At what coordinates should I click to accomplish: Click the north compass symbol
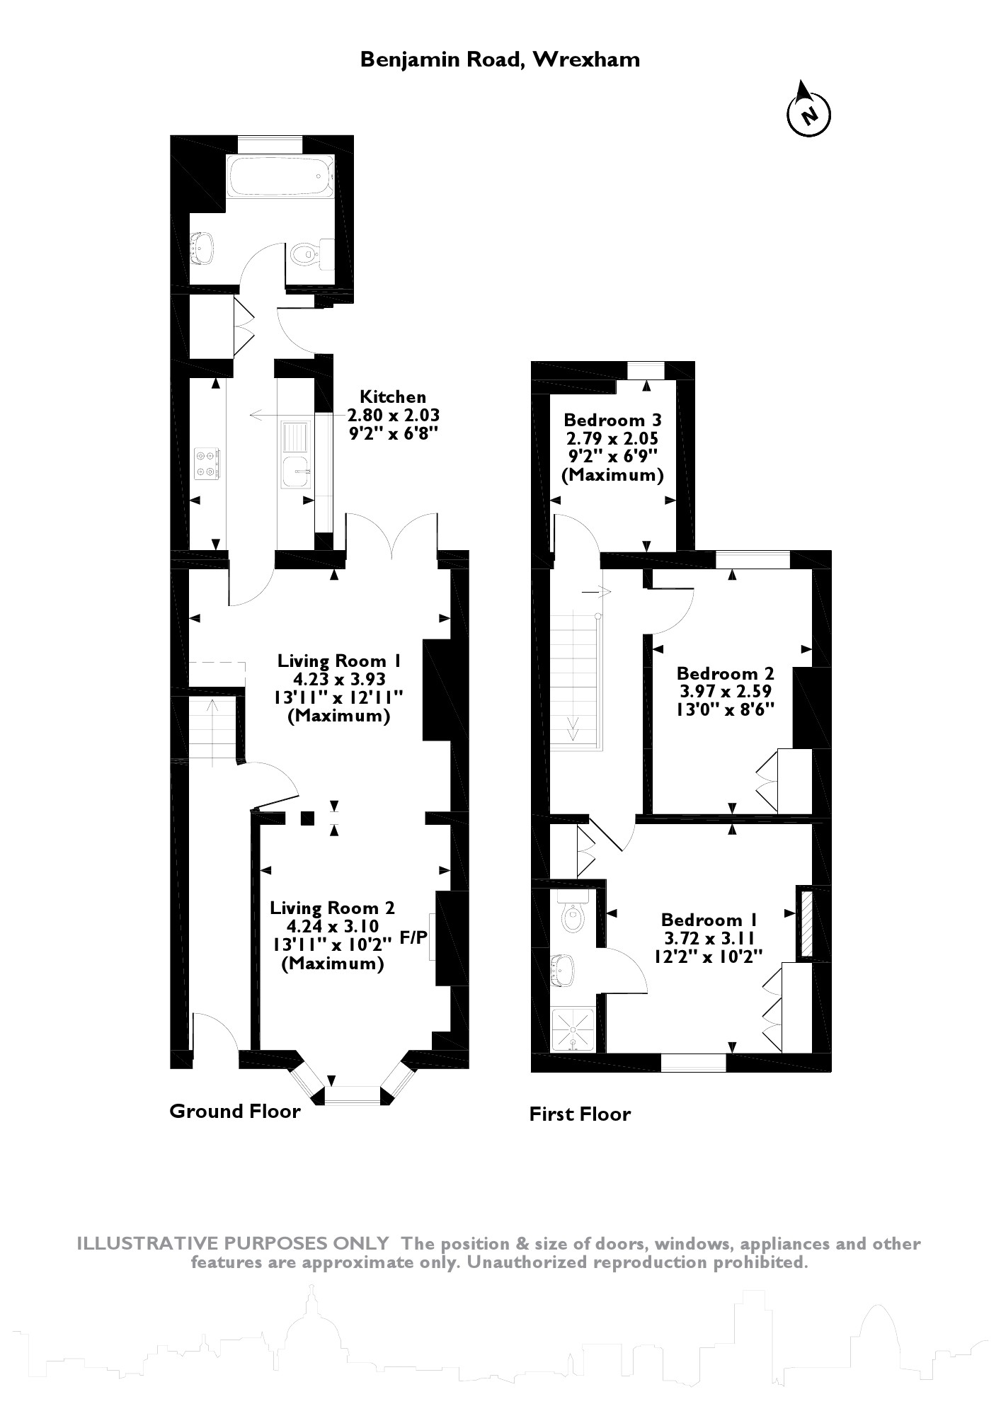click(x=809, y=112)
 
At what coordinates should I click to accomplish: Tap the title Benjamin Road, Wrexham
click(x=500, y=59)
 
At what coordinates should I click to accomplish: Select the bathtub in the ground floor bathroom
click(x=280, y=176)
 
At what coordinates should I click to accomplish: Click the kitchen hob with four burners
click(x=208, y=462)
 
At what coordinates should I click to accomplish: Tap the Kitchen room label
click(x=393, y=396)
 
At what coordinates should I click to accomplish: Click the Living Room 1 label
click(x=339, y=661)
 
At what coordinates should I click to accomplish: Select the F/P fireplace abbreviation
click(x=413, y=937)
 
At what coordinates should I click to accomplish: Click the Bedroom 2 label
click(x=725, y=673)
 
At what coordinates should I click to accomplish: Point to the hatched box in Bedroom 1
click(x=806, y=923)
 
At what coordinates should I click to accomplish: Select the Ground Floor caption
click(x=234, y=1111)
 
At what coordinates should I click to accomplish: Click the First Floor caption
click(x=579, y=1114)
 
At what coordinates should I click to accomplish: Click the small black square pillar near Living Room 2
click(x=307, y=818)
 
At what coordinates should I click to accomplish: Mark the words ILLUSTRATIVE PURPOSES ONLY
click(x=232, y=1244)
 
